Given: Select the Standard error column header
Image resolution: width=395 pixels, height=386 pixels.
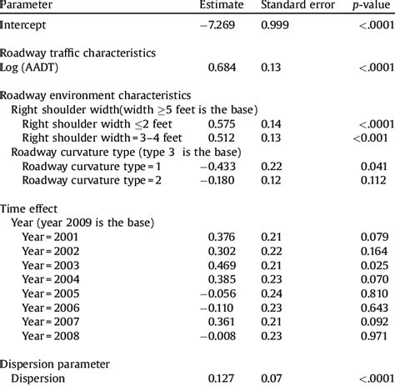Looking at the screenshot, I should coord(297,6).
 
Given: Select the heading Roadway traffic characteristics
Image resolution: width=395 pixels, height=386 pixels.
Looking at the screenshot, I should coord(77,53).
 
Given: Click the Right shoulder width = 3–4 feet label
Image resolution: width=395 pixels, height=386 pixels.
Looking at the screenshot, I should coord(91,138).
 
